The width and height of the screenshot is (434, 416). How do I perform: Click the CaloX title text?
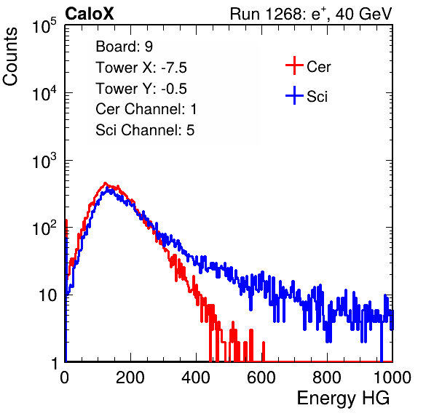[x=90, y=14]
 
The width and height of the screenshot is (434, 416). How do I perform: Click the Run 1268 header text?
[x=311, y=14]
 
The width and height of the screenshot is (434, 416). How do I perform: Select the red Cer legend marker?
[x=294, y=65]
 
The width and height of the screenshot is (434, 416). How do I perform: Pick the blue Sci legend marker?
[x=294, y=95]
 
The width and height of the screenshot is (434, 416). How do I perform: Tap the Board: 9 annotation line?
[x=124, y=47]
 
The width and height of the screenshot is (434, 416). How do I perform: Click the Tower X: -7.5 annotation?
[x=141, y=68]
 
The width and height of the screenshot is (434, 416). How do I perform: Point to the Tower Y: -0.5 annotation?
[x=141, y=89]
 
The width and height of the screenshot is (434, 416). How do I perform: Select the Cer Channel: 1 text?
[x=146, y=109]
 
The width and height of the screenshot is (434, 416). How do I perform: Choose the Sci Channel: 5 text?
[x=145, y=130]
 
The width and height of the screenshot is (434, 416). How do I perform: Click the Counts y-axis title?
[x=10, y=57]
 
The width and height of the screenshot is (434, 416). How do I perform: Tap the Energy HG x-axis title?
[x=343, y=399]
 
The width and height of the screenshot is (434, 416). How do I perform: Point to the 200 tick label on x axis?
[x=130, y=377]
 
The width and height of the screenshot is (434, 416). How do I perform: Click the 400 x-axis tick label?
[x=196, y=377]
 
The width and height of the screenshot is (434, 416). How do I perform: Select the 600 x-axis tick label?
[x=261, y=377]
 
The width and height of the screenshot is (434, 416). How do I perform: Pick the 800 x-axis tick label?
[x=327, y=377]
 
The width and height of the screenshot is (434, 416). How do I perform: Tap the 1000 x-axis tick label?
[x=392, y=377]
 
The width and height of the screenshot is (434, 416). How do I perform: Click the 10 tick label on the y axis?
[x=47, y=295]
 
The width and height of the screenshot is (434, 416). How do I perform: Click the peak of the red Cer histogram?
[x=105, y=183]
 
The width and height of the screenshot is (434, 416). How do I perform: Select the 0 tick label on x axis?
[x=64, y=377]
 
